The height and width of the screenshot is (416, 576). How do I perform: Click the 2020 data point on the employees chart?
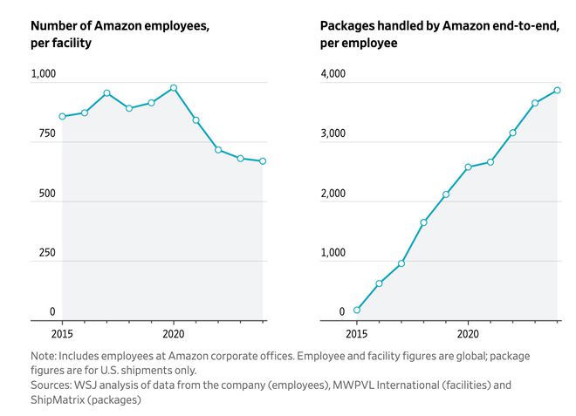coord(174,88)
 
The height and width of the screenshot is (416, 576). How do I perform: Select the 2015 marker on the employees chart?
coord(62,116)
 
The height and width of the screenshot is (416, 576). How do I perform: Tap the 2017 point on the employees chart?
coord(106,93)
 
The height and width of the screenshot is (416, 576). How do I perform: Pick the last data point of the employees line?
coord(263,160)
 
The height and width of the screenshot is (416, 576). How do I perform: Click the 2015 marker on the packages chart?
coord(357,310)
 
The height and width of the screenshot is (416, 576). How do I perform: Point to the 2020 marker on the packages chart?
coord(469,167)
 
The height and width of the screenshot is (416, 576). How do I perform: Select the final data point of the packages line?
coord(557,90)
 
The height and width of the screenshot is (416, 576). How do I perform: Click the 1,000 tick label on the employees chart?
coord(44,75)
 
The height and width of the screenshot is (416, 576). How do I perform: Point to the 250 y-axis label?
coord(47,253)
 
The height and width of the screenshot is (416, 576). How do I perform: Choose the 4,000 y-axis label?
coord(333,75)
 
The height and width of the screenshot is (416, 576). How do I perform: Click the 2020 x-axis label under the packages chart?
coord(468,333)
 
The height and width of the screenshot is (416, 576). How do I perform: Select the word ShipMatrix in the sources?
coord(59,399)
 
